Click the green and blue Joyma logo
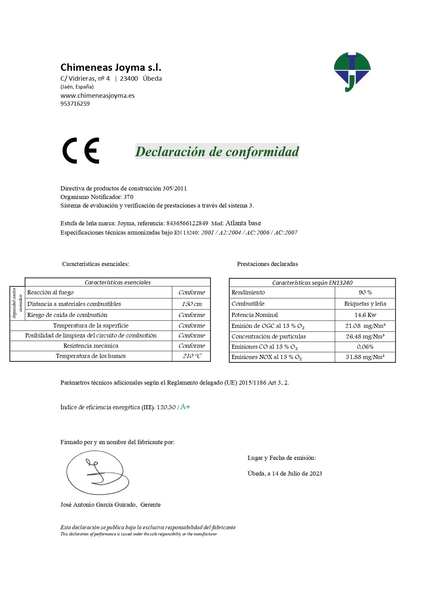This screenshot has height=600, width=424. (352, 71)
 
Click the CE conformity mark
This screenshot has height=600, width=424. (81, 151)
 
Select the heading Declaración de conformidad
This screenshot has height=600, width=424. (217, 151)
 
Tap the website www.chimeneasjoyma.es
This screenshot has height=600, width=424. (97, 95)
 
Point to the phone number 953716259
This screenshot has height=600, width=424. (75, 104)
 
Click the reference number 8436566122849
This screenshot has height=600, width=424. (187, 223)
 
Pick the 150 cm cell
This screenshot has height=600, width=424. (191, 304)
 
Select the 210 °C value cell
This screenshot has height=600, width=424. (191, 356)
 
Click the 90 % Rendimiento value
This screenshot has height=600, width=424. (365, 292)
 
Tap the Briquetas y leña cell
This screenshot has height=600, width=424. (365, 304)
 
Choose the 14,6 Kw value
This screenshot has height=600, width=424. (365, 315)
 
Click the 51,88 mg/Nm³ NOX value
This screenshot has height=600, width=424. (365, 357)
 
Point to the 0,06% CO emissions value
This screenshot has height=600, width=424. (365, 347)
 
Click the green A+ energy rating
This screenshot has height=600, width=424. (185, 406)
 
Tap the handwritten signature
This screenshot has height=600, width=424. (97, 473)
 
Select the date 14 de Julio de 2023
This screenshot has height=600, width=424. (297, 474)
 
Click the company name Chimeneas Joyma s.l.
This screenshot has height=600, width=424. (111, 67)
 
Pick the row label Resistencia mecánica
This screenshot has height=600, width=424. (91, 346)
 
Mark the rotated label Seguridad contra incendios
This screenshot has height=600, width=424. (17, 303)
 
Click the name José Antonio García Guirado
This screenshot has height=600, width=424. (98, 505)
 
